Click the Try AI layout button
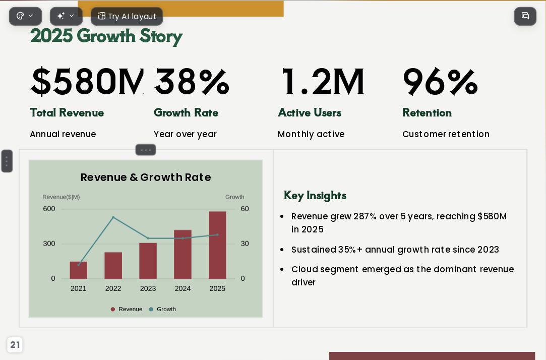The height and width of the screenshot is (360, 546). (127, 16)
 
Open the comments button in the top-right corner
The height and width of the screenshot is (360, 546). (525, 16)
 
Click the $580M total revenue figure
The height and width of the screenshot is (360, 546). (87, 82)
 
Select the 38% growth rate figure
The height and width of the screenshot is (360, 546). (192, 82)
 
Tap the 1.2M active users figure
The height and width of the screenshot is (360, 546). (323, 82)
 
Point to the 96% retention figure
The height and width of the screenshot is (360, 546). (440, 82)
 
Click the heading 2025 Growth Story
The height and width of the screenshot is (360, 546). (106, 36)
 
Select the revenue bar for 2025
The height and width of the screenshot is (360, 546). (217, 245)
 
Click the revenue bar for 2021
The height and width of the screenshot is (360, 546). (78, 270)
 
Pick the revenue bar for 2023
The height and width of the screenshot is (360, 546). (148, 261)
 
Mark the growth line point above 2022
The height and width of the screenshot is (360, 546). (113, 217)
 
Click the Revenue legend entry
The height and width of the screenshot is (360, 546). (127, 309)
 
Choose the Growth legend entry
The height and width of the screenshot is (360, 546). (162, 309)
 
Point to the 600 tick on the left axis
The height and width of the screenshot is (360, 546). (49, 209)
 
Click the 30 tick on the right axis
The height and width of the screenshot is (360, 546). (245, 244)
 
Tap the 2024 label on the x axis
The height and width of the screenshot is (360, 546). (183, 288)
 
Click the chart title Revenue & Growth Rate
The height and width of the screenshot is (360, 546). (146, 177)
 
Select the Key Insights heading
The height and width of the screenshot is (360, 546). (315, 195)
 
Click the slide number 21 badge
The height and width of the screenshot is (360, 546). (15, 345)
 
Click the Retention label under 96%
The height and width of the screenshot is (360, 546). (427, 112)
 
